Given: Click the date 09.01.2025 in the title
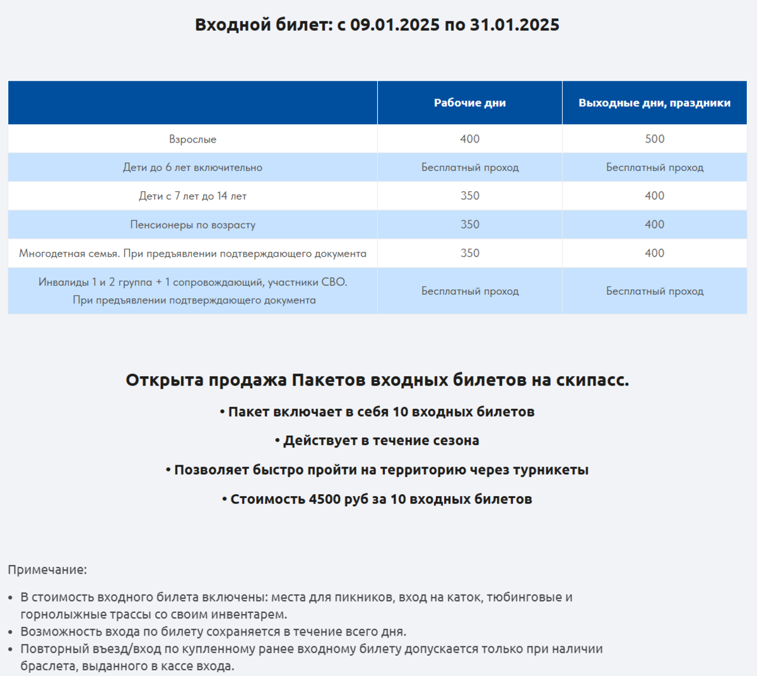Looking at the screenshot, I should tap(395, 25).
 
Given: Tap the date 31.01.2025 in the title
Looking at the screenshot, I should tap(515, 25).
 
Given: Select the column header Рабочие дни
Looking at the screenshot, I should tap(470, 103).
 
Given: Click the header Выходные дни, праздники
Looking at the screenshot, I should tap(654, 103).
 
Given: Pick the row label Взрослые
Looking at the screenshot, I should tap(192, 139).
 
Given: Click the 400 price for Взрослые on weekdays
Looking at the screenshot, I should tap(470, 139).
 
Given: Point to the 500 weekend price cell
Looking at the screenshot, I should tap(654, 139).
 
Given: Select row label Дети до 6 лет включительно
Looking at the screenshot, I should tap(192, 168).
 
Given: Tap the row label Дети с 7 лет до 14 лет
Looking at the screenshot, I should tap(192, 196).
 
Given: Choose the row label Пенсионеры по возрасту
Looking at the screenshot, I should tap(192, 225).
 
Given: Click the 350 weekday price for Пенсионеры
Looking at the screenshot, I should tap(470, 225).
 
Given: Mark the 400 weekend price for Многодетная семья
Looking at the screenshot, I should tap(654, 253).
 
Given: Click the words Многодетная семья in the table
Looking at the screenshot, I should tap(69, 254).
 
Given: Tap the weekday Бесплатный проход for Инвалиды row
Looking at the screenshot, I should tap(470, 291).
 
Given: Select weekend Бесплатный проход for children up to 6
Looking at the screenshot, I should tap(654, 168).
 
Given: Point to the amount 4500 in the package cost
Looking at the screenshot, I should tap(324, 499).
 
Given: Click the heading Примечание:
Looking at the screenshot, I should tap(47, 570).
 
